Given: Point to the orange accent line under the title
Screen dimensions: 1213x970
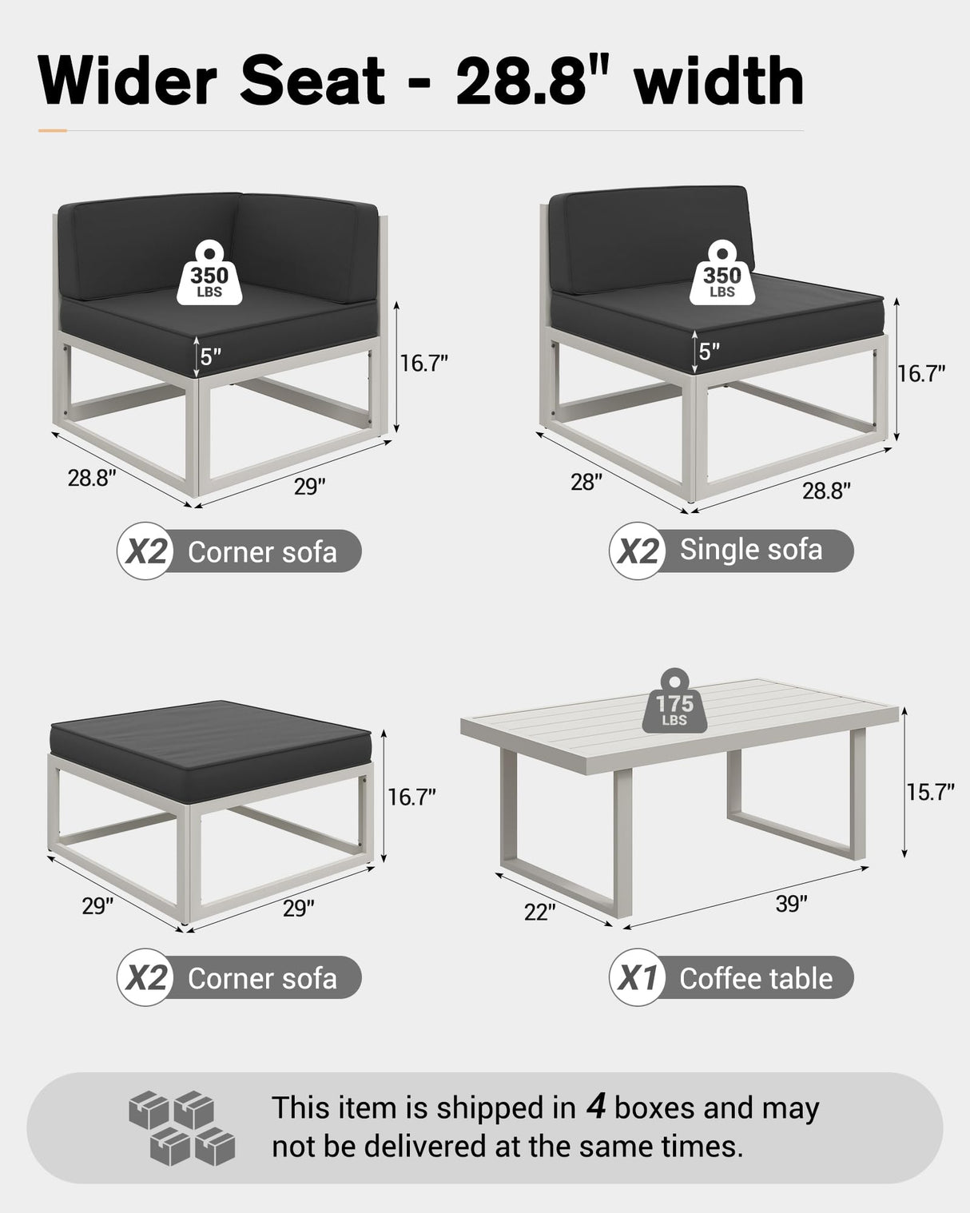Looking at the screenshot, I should tap(53, 130).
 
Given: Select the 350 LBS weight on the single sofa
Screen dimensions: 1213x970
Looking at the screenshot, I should tap(722, 275).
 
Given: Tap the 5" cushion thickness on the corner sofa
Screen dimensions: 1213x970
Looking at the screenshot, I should tap(210, 356).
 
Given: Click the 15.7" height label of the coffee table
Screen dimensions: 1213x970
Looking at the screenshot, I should tap(930, 792).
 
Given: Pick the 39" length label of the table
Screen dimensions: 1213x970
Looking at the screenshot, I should tap(791, 904).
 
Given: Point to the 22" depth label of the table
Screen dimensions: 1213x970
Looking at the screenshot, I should tap(539, 912).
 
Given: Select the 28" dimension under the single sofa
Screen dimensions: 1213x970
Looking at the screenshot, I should tap(586, 482).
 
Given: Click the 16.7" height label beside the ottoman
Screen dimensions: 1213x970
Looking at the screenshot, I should tap(412, 797).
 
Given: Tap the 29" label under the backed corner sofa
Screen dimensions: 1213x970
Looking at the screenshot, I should tap(309, 486).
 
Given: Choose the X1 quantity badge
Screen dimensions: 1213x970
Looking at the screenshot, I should tap(638, 977).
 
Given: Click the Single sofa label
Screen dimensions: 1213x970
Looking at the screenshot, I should tap(751, 550).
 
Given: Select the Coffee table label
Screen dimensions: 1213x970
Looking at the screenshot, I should tap(756, 978).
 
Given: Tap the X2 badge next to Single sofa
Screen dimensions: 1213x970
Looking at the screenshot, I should tap(638, 551).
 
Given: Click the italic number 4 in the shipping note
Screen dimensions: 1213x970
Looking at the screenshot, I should tap(595, 1106).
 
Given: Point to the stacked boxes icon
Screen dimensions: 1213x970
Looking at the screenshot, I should tap(182, 1127).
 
